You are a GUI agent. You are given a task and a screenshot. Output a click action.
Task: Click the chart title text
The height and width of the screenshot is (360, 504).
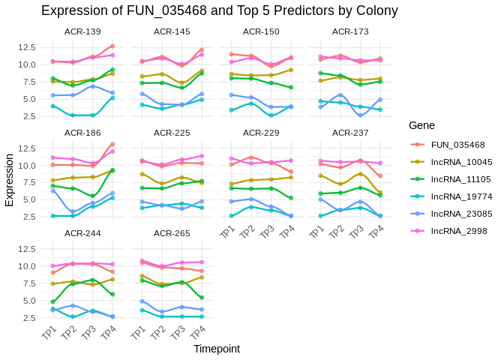click(x=219, y=10)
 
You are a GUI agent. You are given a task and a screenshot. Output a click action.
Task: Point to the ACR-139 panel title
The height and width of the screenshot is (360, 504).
click(x=82, y=31)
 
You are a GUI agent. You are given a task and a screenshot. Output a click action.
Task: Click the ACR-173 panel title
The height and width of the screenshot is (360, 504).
click(x=350, y=31)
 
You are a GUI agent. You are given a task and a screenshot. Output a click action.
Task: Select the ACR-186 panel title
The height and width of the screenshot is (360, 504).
click(x=82, y=133)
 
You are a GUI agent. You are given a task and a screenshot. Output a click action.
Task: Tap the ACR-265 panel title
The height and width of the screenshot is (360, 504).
click(x=172, y=234)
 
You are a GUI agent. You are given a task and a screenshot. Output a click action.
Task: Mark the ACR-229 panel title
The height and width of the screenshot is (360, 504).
click(x=261, y=133)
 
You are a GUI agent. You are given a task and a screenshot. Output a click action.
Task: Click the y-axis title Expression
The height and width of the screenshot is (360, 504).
click(x=9, y=180)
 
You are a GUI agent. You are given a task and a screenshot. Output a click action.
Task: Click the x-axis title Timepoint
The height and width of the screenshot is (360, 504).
click(x=217, y=349)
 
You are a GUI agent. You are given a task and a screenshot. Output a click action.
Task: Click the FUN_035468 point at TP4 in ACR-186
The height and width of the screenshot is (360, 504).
click(x=113, y=144)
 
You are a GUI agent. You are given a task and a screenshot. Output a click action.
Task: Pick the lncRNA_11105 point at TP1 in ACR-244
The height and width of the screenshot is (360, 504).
click(x=52, y=301)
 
